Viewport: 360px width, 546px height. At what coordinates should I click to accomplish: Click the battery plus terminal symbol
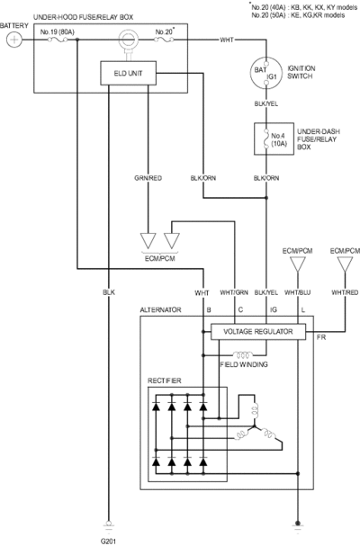click(13, 40)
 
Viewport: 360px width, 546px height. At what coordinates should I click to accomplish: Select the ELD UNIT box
click(128, 73)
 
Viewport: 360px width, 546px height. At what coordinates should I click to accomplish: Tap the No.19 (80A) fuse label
click(58, 32)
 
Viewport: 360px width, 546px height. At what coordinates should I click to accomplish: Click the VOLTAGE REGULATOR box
click(258, 332)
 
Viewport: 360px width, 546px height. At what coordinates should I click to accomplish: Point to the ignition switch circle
click(266, 73)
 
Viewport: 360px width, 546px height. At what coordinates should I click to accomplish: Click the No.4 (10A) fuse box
click(274, 139)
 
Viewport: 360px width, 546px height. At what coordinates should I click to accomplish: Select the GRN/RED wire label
click(148, 178)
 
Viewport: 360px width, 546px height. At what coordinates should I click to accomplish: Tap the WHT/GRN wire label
click(234, 292)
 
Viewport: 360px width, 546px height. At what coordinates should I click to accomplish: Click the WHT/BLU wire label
click(298, 292)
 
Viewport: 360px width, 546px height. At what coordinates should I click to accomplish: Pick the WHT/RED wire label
click(345, 292)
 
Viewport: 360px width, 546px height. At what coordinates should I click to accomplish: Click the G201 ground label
click(108, 542)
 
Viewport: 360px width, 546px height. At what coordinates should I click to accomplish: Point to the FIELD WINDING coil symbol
click(243, 354)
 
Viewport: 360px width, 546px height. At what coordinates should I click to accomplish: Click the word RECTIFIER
click(165, 380)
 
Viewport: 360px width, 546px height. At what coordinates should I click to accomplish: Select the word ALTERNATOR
click(161, 310)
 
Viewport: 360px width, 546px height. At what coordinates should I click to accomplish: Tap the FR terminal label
click(321, 337)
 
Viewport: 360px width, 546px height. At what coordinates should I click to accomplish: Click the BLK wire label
click(109, 292)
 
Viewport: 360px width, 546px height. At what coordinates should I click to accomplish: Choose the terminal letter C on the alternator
click(240, 309)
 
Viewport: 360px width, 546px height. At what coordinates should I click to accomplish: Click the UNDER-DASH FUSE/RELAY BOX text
click(319, 139)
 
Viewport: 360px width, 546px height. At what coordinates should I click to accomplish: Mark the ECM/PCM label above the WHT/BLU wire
click(298, 251)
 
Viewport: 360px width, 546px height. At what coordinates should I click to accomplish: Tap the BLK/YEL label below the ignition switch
click(266, 103)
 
